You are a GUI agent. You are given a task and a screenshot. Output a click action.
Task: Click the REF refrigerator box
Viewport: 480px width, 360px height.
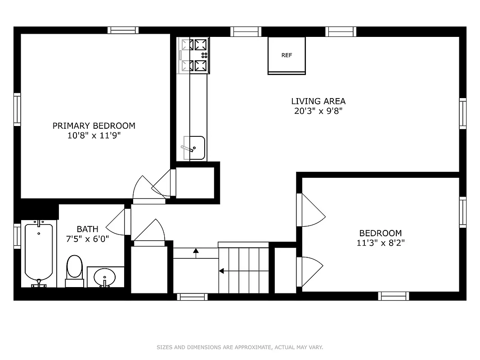287,55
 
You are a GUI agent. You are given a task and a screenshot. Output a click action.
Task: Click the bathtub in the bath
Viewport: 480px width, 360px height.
39,253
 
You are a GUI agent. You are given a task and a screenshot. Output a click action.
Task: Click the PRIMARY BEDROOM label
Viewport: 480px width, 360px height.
94,126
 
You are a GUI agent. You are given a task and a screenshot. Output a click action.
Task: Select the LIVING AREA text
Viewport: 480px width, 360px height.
318,101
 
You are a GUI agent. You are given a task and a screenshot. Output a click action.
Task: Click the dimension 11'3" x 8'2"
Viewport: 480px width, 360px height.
380,243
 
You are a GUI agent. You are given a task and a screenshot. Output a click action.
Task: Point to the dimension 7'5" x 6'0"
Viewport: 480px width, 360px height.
87,239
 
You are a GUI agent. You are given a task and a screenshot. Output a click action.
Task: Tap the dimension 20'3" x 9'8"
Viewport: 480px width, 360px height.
318,111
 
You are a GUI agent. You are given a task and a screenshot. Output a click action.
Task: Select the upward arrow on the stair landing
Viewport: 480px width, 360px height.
196,251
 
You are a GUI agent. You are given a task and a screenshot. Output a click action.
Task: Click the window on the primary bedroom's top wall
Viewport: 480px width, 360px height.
122,31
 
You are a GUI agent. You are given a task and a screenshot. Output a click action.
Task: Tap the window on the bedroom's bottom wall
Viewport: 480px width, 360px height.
394,296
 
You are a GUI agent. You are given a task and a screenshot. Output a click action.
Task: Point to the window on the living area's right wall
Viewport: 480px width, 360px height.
462,113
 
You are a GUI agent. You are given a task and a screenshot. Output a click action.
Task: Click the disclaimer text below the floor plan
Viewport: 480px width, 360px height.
240,347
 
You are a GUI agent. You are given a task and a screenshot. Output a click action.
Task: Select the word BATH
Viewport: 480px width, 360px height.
87,229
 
